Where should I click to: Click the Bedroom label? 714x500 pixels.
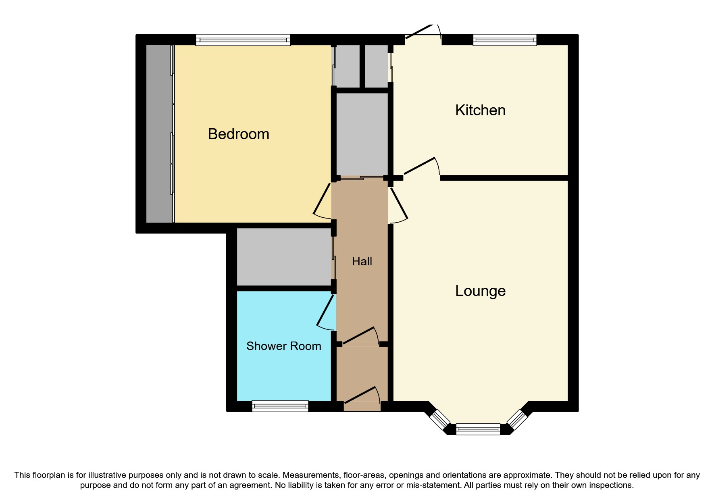(238, 134)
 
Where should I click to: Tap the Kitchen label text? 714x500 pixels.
(480, 110)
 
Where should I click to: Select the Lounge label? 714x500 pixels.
(480, 291)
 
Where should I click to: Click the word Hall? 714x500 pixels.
(362, 261)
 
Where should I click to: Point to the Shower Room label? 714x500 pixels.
(283, 346)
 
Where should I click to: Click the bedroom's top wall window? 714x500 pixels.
(243, 40)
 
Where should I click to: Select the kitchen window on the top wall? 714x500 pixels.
(505, 40)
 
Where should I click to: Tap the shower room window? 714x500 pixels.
(280, 406)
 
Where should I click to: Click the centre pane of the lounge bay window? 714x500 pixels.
(478, 429)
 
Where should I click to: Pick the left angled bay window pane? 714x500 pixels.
(439, 419)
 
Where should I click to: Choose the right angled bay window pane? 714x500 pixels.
(517, 419)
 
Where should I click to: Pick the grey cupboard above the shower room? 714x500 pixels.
(284, 257)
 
